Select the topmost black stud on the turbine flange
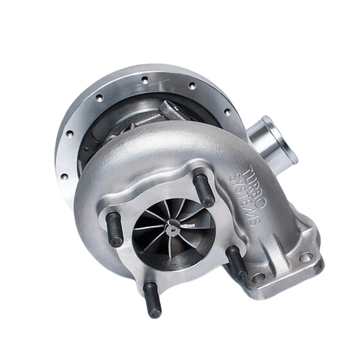204,190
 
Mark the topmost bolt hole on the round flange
144,80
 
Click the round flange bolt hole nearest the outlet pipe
227,112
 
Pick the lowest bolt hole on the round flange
64,176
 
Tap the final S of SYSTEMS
254,221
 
